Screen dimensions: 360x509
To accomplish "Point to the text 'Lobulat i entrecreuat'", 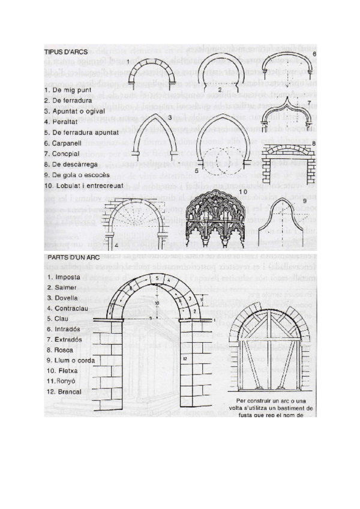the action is point(90,186).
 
